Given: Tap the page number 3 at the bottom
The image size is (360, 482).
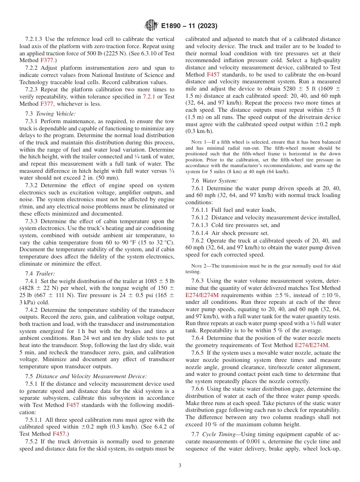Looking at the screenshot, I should pos(180,466).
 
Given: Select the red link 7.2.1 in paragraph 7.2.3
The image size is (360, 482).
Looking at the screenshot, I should pos(148,97).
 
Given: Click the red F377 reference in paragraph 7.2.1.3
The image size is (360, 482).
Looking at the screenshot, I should pos(45,60).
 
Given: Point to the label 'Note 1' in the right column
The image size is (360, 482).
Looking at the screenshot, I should pos(199,142).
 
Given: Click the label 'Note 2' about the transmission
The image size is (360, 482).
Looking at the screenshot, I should pos(199,266).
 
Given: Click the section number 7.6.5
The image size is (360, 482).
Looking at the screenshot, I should pos(198,353).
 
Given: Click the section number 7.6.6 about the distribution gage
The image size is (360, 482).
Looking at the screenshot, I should pos(198,389).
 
